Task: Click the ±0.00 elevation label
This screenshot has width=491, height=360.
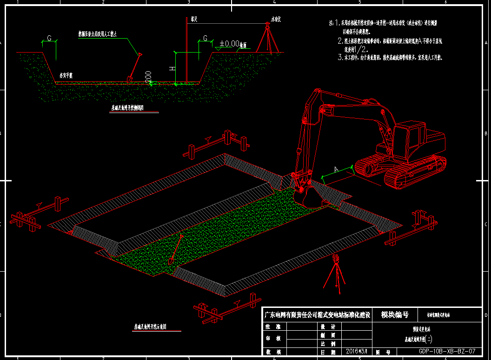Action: (229, 44)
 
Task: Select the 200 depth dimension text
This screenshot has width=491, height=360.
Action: (148, 77)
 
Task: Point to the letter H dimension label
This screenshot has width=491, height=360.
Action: (172, 68)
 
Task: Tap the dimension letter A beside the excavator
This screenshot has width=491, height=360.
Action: (336, 169)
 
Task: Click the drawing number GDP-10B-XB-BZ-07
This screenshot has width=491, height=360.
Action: (446, 351)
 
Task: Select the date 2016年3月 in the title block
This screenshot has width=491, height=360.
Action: (357, 351)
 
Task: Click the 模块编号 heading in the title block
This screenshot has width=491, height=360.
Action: (395, 315)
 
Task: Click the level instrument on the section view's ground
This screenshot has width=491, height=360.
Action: (267, 37)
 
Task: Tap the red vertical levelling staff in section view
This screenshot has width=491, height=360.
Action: (186, 51)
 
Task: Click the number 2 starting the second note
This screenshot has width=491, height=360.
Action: (340, 41)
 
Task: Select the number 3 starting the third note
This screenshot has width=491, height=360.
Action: (340, 58)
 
